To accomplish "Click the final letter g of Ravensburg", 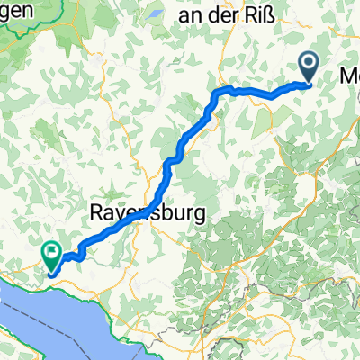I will click(x=198, y=216).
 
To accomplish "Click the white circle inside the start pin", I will click(x=308, y=62).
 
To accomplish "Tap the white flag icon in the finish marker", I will click(x=53, y=252).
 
